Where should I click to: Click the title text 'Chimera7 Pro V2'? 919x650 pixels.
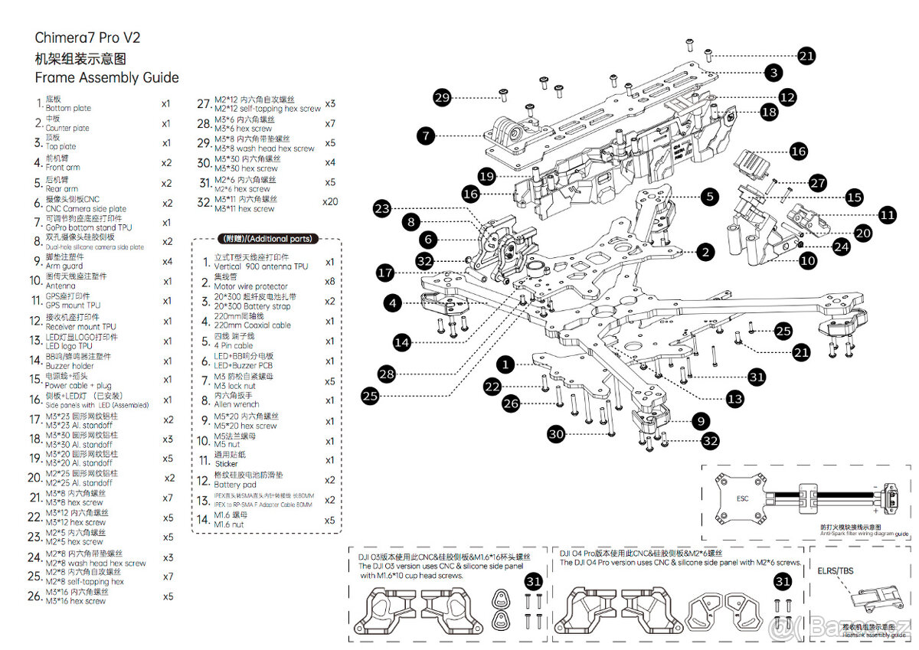coord(87,38)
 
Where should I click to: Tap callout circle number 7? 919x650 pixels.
coord(427,136)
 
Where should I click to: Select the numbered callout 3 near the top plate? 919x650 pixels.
coord(774,73)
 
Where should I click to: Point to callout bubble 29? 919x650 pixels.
coord(442,97)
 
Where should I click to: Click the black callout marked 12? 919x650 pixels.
coord(787,97)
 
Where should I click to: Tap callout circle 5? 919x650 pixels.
coord(710,197)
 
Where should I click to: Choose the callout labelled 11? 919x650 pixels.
coord(888,215)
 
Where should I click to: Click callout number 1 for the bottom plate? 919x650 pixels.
coord(505,364)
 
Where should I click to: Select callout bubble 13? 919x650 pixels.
coord(735,399)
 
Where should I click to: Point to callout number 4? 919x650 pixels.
coord(393,303)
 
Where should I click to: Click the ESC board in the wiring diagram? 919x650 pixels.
coord(742,498)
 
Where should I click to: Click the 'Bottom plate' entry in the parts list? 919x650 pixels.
coord(68,109)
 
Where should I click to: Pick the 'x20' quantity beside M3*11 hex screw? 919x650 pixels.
coord(329,201)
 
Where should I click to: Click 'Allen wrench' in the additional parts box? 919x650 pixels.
coord(237,404)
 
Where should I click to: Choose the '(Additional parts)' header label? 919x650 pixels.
coord(267,239)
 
